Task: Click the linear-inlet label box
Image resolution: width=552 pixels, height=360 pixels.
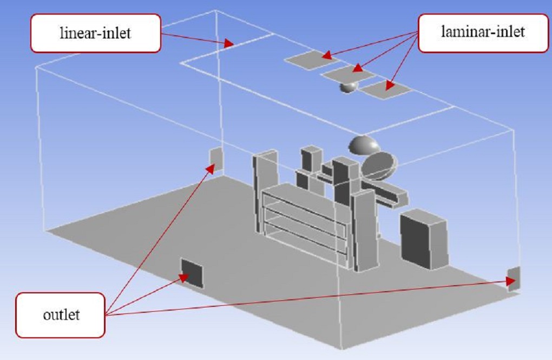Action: [96, 33]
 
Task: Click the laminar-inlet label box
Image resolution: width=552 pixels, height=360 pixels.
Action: [483, 33]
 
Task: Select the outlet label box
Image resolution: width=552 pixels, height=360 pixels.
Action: [60, 315]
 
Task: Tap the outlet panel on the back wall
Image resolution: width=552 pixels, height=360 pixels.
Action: [216, 158]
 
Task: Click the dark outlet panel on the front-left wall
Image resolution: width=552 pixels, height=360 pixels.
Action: [193, 273]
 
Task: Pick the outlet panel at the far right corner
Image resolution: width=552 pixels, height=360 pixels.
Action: [514, 278]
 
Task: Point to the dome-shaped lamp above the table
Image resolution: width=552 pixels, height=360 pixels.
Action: [364, 145]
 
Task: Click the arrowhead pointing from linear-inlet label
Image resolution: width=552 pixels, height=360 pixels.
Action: [231, 43]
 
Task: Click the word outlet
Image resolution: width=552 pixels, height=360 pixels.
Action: [60, 315]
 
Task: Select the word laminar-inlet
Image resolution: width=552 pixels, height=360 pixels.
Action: [483, 33]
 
